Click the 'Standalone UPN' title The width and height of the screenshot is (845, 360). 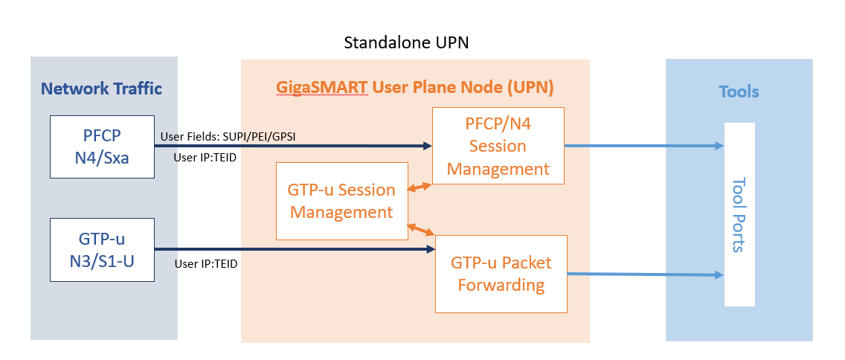405,43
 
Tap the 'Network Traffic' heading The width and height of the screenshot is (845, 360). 101,89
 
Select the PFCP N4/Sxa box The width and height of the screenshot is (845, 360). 102,147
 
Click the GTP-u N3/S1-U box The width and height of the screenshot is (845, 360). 102,249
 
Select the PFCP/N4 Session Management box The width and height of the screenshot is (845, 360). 498,146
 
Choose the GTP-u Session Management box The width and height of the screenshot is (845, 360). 341,201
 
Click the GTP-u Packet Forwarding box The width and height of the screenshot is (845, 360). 501,274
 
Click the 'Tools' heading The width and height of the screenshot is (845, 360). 739,91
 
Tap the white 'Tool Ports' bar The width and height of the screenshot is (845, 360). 739,214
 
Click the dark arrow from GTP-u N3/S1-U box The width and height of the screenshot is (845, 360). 294,249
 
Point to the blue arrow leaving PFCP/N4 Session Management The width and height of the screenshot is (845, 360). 644,146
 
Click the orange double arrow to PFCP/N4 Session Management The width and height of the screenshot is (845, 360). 420,189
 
